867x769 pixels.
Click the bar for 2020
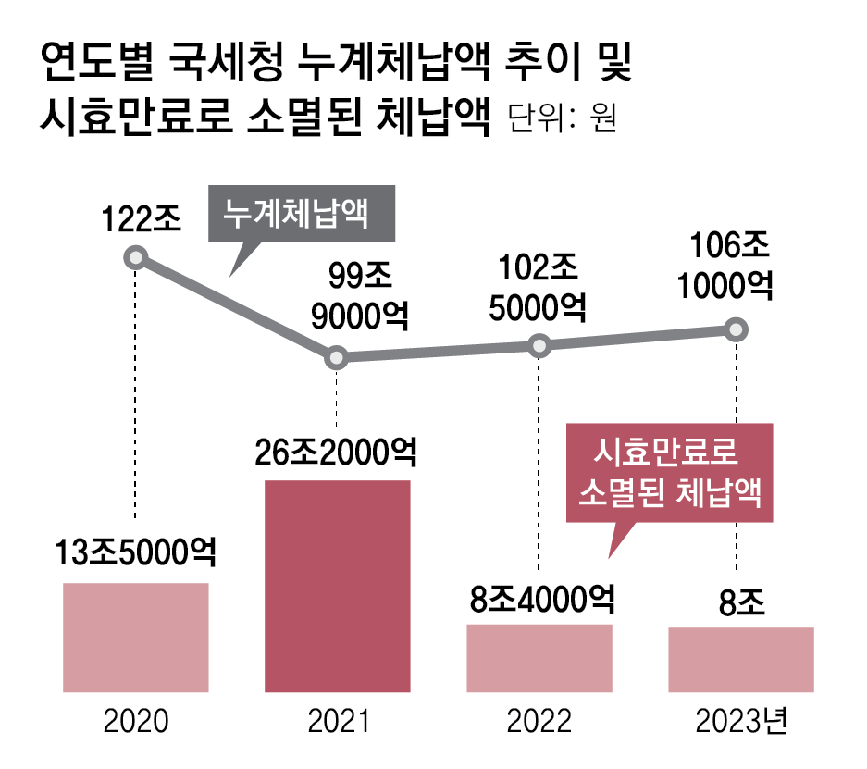[135, 638]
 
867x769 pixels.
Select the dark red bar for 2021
[337, 586]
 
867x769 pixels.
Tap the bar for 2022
[539, 658]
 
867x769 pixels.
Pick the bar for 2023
[740, 660]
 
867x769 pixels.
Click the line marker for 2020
[136, 257]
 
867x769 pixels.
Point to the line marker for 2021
[337, 357]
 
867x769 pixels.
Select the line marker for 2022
[539, 346]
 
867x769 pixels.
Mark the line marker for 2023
[736, 329]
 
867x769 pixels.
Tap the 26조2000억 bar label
[337, 454]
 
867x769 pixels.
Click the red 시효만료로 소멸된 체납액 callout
[668, 472]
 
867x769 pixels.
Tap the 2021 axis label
[337, 722]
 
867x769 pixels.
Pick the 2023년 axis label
[742, 722]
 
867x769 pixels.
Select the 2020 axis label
[135, 722]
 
